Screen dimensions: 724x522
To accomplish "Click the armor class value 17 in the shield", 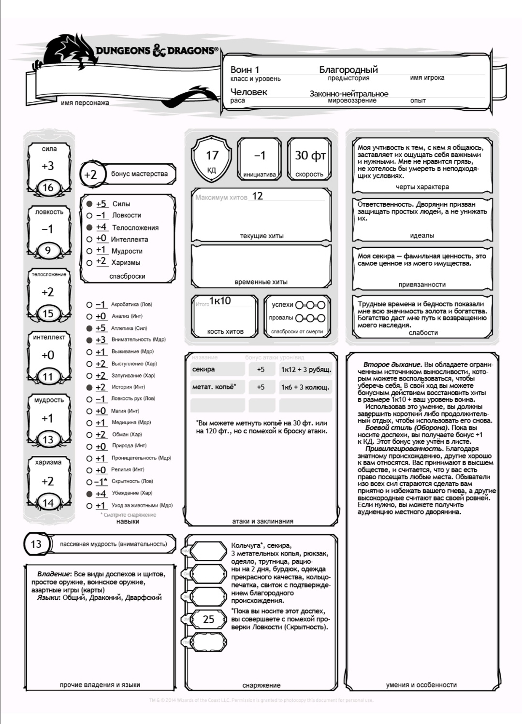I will pos(212,156).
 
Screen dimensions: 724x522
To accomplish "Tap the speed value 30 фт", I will pos(310,156).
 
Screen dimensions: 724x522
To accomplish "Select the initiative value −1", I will pos(260,156).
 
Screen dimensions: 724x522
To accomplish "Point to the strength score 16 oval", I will pos(48,187).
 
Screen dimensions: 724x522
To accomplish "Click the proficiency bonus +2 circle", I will pos(90,174).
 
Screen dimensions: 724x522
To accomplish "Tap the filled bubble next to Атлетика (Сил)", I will pos(89,328).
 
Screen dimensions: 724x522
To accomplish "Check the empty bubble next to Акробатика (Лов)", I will pos(89,305).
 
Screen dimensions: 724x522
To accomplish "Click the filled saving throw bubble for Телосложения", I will pos(89,227).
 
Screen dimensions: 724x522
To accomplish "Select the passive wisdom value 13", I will pos(36,544).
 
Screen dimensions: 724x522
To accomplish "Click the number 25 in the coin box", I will pos(208,620).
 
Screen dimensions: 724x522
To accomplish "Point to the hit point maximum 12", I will pos(258,196).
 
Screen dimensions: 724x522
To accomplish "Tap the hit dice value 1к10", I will pos(220,301).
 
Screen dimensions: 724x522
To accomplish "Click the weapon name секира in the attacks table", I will pos(203,369).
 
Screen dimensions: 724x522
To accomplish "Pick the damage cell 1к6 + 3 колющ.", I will pos(305,387).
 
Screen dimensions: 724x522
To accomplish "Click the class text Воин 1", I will pos(245,70).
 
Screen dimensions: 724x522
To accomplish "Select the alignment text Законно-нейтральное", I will pos(349,94).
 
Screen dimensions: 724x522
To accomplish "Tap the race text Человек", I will pos(248,92).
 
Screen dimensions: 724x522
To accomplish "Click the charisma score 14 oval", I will pos(48,503).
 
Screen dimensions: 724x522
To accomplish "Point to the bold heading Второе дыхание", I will pos(392,365).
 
